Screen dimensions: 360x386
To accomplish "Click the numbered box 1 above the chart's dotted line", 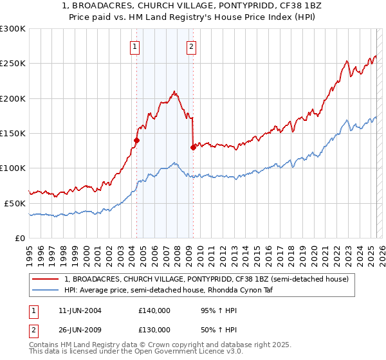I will tap(135, 46).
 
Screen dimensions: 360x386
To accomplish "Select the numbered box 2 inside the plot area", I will tap(192, 46).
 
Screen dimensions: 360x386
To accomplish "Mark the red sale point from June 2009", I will tap(193, 147).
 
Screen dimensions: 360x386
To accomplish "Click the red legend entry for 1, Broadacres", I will tap(206, 279).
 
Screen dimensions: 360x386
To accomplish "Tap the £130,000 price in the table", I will tap(154, 330).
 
